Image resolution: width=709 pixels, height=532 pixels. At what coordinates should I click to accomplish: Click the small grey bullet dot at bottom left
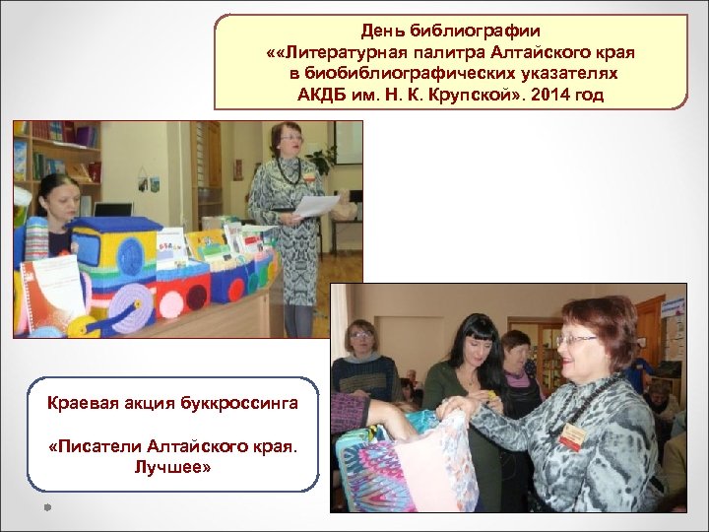(x=46, y=507)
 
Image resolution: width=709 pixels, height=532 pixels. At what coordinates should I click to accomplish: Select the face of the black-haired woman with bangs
(x=477, y=345)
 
